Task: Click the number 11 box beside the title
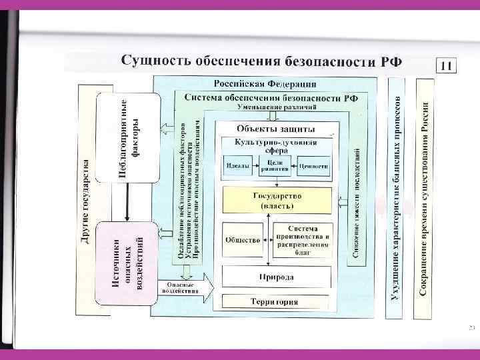click(x=447, y=66)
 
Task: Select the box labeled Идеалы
click(x=238, y=165)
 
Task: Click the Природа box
click(x=276, y=275)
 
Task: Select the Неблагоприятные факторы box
click(x=128, y=137)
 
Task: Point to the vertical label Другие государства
click(x=85, y=200)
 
